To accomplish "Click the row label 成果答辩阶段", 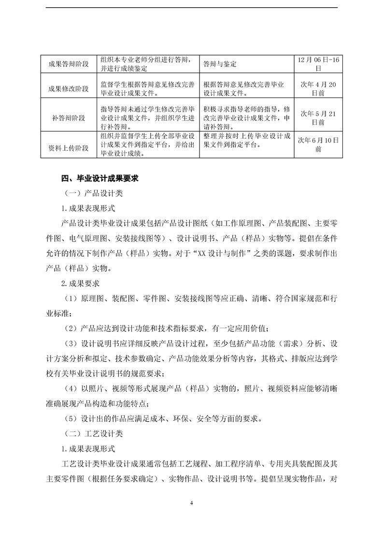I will [69, 64].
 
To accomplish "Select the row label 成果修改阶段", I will [69, 89].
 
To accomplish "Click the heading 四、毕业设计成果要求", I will [100, 178].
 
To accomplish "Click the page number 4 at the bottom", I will [192, 504].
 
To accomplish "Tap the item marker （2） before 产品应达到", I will [71, 328].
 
